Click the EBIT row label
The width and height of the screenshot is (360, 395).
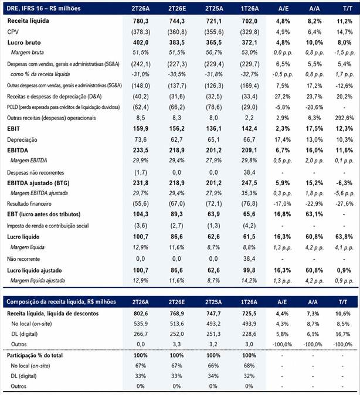point(13,129)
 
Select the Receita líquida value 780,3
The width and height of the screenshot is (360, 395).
point(140,21)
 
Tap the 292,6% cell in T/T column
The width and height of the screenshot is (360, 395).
point(344,118)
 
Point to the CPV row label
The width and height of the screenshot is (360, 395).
point(13,32)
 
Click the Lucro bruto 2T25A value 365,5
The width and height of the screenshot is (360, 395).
point(214,43)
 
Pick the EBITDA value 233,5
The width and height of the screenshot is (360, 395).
point(140,151)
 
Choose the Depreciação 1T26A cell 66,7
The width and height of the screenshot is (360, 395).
point(249,139)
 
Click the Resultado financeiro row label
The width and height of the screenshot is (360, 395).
point(29,204)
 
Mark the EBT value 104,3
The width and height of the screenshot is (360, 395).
point(140,214)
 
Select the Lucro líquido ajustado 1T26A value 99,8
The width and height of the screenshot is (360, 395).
point(249,271)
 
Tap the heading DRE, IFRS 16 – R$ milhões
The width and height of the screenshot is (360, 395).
point(43,9)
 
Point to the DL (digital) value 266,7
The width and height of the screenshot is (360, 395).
point(140,334)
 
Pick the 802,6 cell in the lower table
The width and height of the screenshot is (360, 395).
point(140,314)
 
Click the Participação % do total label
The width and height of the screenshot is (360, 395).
point(35,356)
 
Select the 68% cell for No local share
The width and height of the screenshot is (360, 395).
point(249,366)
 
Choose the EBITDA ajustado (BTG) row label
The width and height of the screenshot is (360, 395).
point(38,183)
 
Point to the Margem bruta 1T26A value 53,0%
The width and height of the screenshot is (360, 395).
point(249,53)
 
